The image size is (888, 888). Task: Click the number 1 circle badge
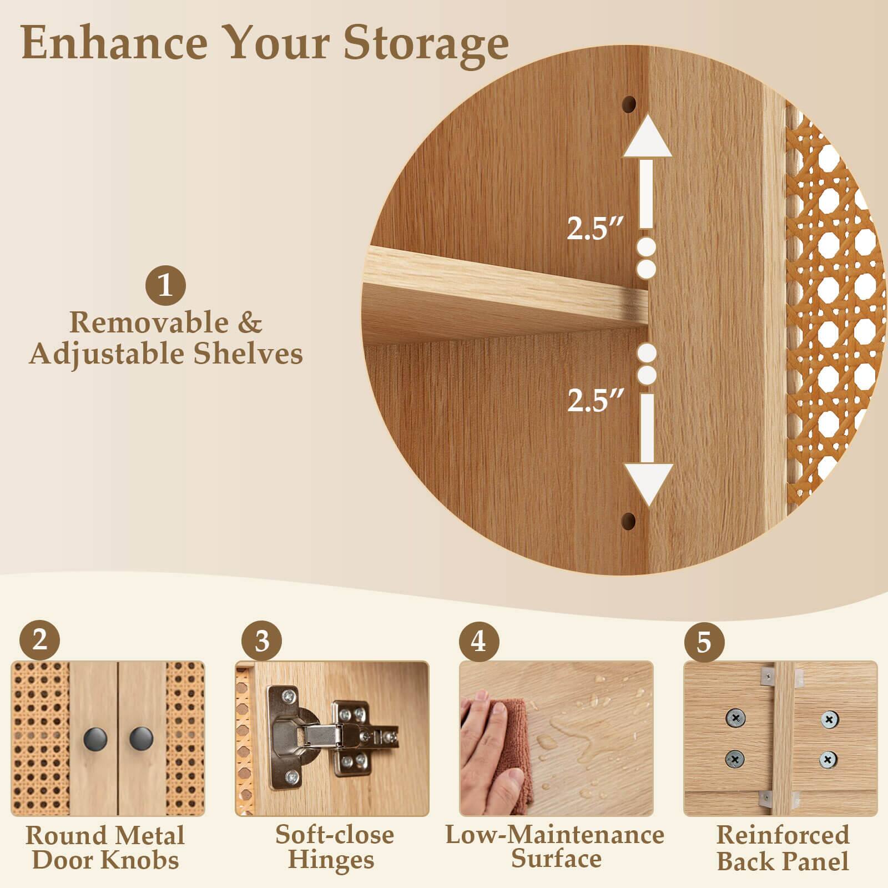point(165,286)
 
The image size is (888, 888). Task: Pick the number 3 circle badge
point(261,642)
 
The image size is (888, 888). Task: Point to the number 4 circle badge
point(478,642)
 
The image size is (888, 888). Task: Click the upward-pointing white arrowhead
point(647,139)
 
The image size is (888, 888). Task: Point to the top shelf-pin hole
point(629,103)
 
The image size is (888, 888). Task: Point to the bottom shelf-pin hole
point(628,521)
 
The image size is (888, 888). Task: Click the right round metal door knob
point(141,738)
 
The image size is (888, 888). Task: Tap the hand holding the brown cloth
point(488,749)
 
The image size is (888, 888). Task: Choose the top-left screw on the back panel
point(735,719)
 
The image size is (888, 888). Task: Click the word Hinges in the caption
point(331,861)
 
